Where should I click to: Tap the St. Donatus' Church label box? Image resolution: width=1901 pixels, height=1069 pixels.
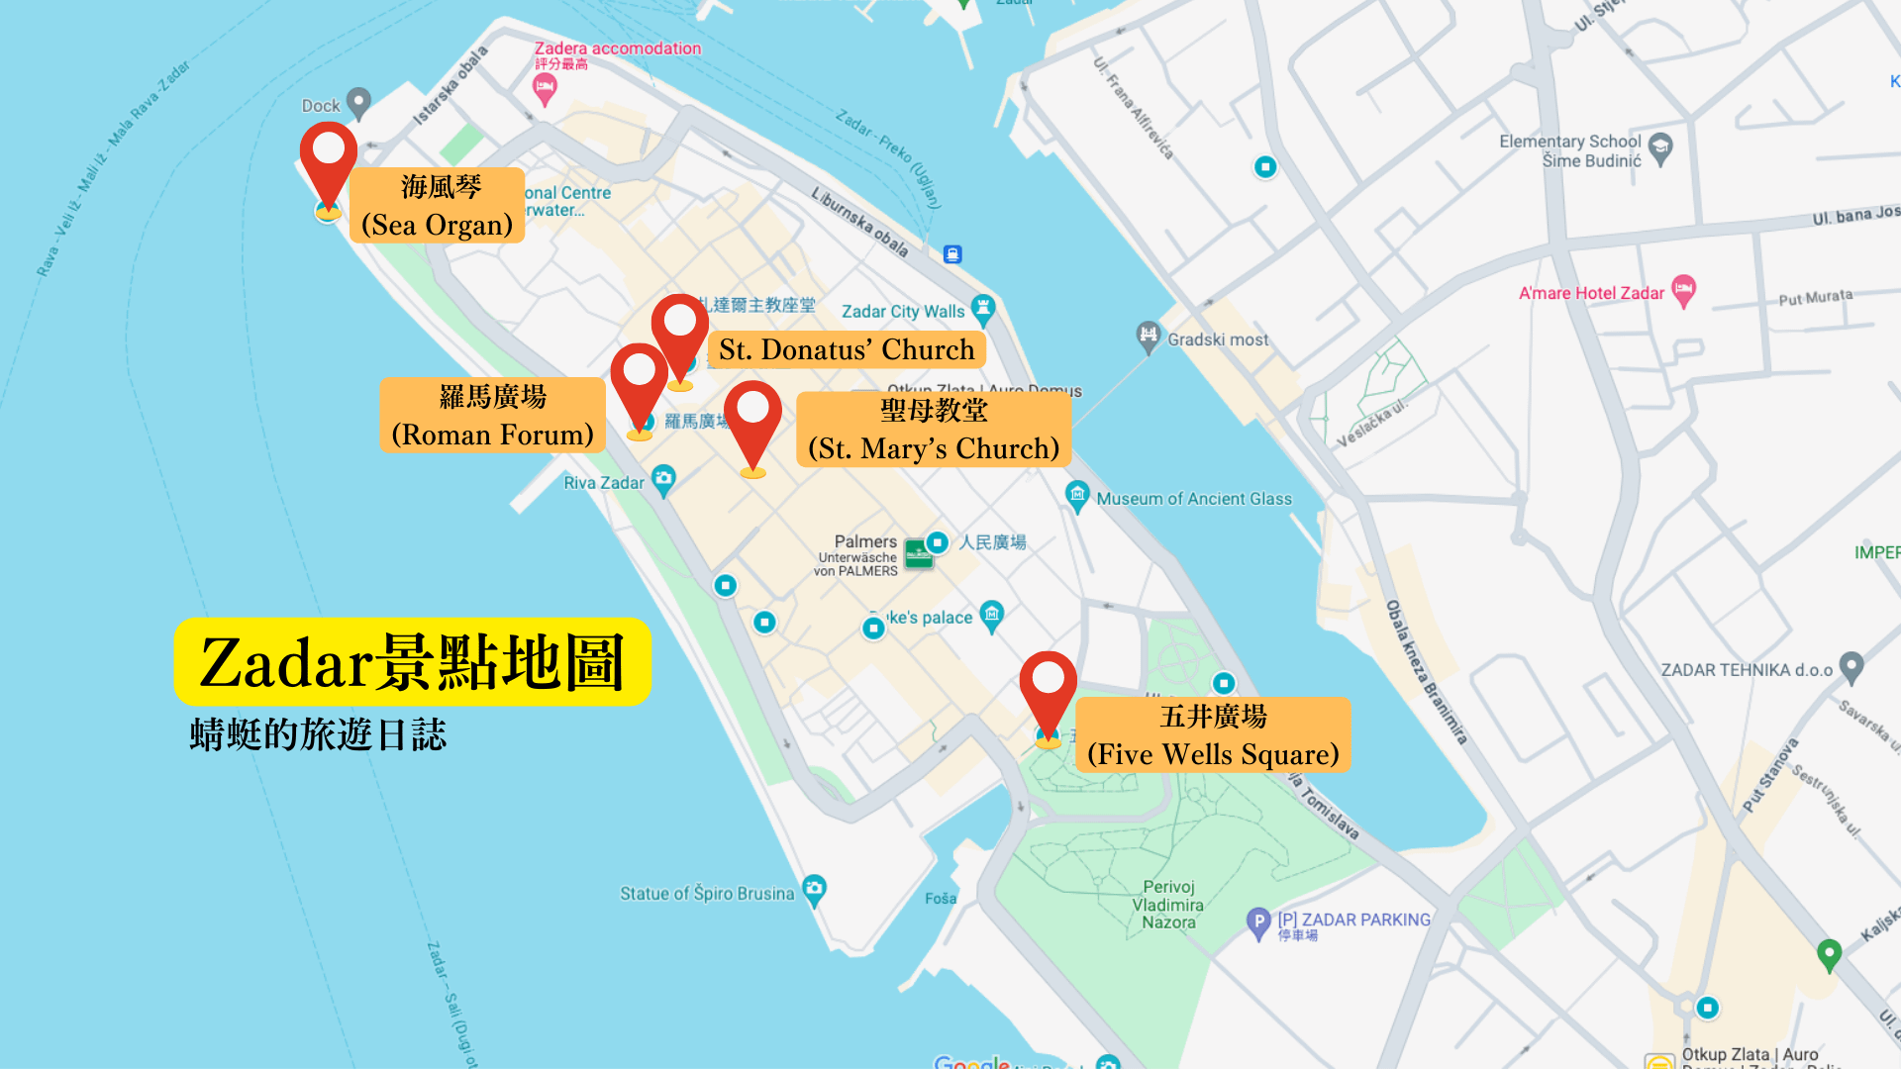(847, 349)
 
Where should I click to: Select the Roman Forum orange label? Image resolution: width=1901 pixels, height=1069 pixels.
(492, 416)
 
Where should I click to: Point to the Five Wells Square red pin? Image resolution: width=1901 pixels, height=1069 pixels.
(1048, 688)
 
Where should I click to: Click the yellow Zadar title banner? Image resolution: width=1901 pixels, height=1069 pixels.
(412, 661)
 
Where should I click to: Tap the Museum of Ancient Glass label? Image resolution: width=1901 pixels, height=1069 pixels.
(1193, 499)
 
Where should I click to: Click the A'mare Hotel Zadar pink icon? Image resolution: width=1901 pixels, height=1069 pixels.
(1683, 291)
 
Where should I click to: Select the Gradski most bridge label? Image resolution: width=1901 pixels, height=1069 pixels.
(1217, 340)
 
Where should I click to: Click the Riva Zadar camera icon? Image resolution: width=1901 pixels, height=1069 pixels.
(663, 480)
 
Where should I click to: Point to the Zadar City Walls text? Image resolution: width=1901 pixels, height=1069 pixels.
(902, 312)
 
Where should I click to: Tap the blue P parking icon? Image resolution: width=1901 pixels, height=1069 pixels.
(1257, 923)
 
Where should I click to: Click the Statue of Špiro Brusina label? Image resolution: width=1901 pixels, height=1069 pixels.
(707, 894)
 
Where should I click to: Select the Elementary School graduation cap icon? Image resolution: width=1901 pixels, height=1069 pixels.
(1660, 148)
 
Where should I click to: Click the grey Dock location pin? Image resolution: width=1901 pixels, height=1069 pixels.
(358, 101)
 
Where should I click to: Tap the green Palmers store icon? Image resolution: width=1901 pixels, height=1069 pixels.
(918, 553)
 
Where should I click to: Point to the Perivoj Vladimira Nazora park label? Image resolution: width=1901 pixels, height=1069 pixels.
(1168, 905)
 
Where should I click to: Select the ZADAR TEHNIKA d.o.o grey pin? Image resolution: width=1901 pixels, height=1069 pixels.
(1851, 666)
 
